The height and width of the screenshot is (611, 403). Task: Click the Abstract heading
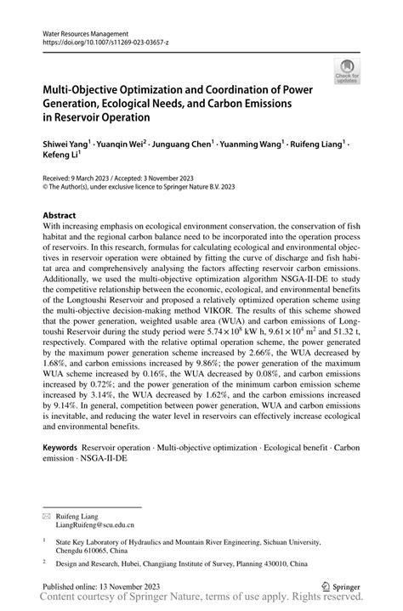[60, 216]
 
